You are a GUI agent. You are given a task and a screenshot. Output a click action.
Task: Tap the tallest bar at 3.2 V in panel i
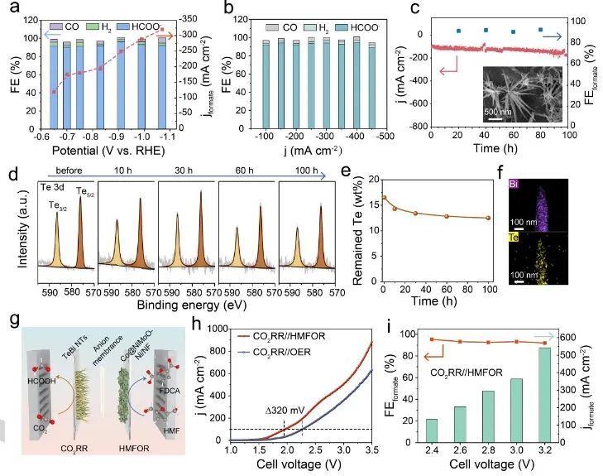click(543, 394)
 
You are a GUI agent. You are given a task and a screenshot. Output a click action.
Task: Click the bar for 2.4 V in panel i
click(432, 430)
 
